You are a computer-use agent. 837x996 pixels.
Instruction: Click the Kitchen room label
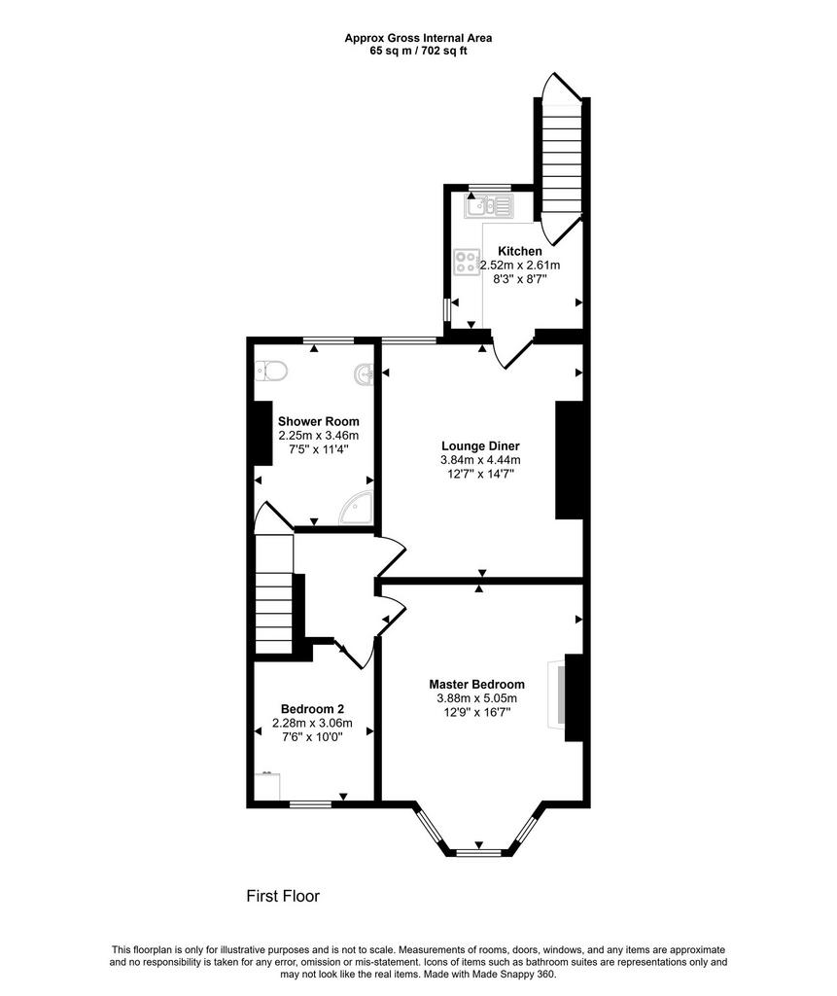tap(519, 251)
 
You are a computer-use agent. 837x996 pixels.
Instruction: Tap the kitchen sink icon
tap(488, 206)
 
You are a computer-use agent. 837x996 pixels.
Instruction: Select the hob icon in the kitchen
tap(467, 263)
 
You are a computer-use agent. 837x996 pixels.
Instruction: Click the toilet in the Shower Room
tap(271, 371)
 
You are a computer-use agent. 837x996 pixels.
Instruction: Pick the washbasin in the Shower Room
tap(365, 374)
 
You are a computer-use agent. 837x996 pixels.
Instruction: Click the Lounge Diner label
tap(481, 445)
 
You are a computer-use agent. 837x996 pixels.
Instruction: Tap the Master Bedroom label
tap(477, 684)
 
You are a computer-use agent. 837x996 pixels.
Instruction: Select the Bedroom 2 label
tap(312, 709)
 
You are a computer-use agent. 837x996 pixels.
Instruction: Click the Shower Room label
tap(319, 421)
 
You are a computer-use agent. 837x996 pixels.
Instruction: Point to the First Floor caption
tap(283, 896)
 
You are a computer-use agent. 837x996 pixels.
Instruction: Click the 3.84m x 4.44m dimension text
tap(481, 460)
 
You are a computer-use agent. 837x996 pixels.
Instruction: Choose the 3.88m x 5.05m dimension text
tap(477, 698)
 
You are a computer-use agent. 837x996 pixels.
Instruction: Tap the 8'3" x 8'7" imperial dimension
tap(519, 278)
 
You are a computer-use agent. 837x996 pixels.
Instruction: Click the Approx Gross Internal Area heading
tap(418, 38)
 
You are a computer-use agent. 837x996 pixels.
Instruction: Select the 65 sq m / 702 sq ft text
tap(418, 51)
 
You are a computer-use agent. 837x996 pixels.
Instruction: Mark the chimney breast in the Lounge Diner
tap(569, 460)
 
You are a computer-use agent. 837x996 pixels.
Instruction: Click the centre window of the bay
tap(479, 852)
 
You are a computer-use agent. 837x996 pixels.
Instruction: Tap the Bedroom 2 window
tap(310, 804)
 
